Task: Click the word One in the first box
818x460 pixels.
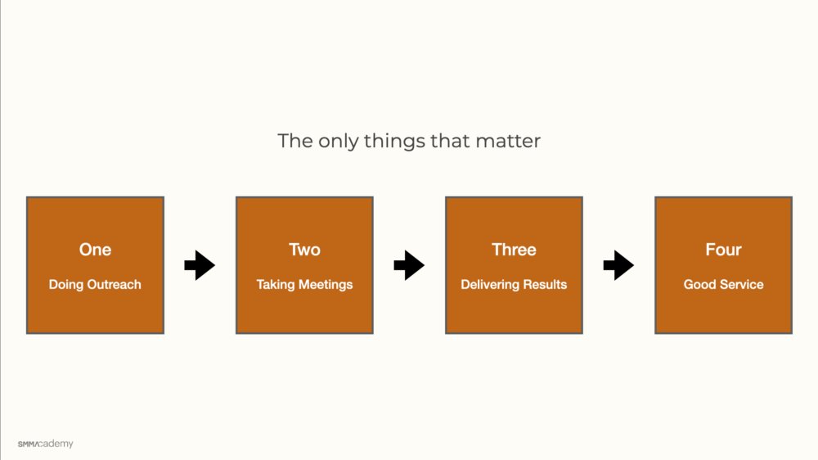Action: (x=95, y=250)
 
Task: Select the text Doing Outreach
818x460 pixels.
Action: (x=95, y=285)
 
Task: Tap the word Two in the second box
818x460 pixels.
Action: (x=304, y=250)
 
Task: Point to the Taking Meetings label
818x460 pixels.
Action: (x=304, y=285)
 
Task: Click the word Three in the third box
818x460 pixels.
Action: (x=514, y=250)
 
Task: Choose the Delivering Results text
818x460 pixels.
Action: (x=514, y=285)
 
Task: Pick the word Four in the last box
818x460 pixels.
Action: (x=724, y=250)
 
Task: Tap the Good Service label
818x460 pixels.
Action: (x=724, y=285)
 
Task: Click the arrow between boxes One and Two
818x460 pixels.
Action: (x=200, y=265)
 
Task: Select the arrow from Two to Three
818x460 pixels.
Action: (x=409, y=265)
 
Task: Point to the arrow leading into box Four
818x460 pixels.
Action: (x=618, y=265)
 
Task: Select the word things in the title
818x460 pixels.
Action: (x=394, y=142)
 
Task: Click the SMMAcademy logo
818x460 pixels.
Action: (x=45, y=444)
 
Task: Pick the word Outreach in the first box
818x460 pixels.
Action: (x=114, y=285)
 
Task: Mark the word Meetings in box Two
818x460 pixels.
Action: (x=326, y=285)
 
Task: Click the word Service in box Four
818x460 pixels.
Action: (x=742, y=285)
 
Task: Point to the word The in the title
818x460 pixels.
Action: (x=295, y=141)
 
